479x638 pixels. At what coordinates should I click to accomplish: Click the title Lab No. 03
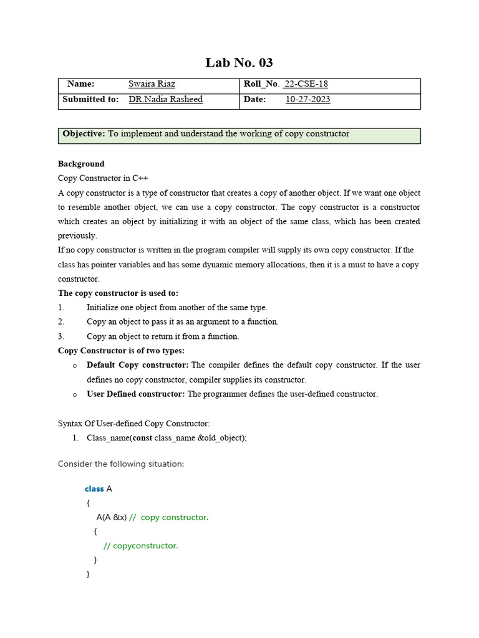click(239, 63)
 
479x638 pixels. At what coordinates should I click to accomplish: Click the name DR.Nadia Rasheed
click(165, 99)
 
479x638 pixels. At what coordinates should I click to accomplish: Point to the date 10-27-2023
click(307, 99)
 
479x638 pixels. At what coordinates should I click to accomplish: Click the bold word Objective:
click(84, 134)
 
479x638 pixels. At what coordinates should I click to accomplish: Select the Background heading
click(81, 164)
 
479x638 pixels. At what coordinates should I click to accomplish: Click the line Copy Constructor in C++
click(103, 178)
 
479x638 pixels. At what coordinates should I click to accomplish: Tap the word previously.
click(77, 236)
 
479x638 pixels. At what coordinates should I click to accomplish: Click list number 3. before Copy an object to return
click(61, 336)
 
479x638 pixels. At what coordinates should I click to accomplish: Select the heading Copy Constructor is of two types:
click(121, 351)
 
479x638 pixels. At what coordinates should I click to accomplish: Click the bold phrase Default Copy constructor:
click(137, 365)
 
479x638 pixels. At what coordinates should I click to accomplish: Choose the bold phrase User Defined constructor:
click(135, 394)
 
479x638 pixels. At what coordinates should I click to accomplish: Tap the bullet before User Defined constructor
click(75, 394)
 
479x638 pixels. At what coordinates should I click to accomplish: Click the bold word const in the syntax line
click(143, 437)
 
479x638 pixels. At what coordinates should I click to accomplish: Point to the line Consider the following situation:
click(121, 464)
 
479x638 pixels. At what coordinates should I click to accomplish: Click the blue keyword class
click(94, 489)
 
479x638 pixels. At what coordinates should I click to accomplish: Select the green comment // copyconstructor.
click(140, 546)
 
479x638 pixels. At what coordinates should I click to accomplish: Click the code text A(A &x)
click(112, 518)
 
